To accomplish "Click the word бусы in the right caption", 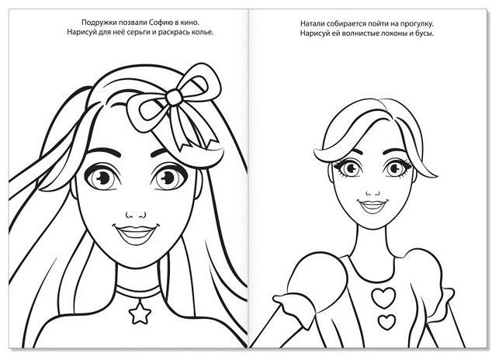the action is (424, 33).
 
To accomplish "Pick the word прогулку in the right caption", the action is (417, 23).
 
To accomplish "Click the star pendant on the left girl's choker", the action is (140, 313).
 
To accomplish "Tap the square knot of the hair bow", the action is (173, 97).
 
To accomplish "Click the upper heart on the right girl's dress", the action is (383, 297).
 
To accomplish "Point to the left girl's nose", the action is (136, 215).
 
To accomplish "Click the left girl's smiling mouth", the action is (136, 235).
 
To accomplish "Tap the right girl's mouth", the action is (373, 206).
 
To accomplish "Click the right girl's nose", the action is (373, 193).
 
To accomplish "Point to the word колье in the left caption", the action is (202, 32).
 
